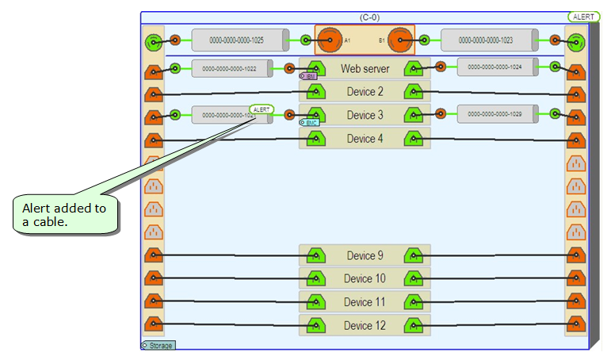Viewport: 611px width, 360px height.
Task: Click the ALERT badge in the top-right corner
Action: pos(583,17)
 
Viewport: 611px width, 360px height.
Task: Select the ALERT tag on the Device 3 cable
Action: pos(261,109)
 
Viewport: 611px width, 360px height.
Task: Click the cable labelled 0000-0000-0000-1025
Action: pos(236,40)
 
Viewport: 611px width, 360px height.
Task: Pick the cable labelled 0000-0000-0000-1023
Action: pos(487,40)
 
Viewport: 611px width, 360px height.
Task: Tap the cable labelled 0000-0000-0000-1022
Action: pos(229,68)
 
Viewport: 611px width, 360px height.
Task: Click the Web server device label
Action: pos(365,69)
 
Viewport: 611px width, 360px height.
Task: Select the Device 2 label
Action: pos(365,92)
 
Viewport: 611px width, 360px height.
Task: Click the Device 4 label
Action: pos(365,139)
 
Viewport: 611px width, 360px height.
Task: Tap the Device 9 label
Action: pos(365,255)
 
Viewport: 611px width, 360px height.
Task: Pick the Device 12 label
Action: pos(365,326)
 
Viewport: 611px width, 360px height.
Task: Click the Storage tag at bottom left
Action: pos(158,346)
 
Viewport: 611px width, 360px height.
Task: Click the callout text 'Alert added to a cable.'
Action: pos(64,215)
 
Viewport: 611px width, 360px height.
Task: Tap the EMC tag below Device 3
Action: pos(308,123)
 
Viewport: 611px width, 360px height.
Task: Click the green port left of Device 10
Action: pos(316,279)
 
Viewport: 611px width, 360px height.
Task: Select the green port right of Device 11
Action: pos(413,302)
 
